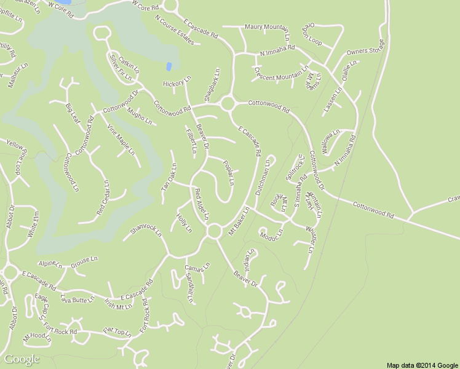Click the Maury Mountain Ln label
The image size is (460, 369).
click(x=267, y=27)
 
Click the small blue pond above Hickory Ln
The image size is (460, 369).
click(x=169, y=66)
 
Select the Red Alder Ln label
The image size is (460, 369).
click(x=202, y=203)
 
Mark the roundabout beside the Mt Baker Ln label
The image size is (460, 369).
click(x=214, y=231)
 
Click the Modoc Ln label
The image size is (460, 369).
click(x=271, y=234)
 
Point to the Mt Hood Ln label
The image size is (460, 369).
click(x=37, y=337)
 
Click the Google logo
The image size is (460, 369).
click(x=22, y=359)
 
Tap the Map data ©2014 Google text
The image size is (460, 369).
click(x=422, y=365)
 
